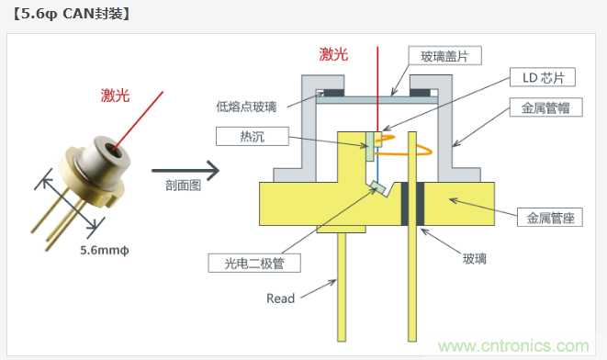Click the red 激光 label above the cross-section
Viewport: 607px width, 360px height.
(334, 54)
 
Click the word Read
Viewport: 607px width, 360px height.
(280, 298)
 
